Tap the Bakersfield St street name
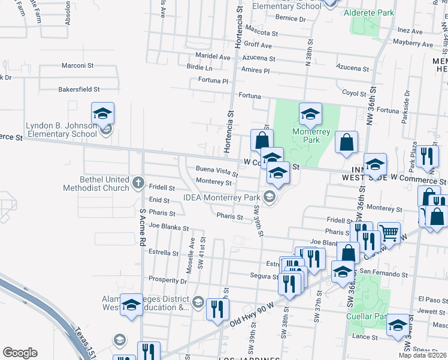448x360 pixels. click(78, 89)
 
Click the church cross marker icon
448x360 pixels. click(138, 182)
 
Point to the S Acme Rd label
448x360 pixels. click(143, 227)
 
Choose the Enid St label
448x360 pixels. click(160, 200)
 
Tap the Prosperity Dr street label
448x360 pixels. click(168, 280)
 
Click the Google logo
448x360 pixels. click(20, 353)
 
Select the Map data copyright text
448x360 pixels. click(423, 355)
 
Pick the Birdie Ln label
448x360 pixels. click(199, 67)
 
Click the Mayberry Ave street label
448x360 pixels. click(413, 44)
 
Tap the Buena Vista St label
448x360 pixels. click(216, 172)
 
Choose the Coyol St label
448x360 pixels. click(353, 94)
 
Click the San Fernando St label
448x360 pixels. click(383, 274)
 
